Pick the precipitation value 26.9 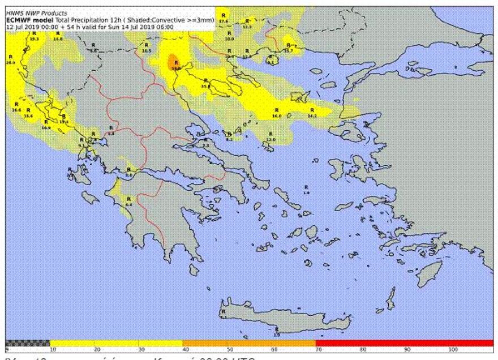10,62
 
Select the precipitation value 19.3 34,38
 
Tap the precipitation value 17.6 223,21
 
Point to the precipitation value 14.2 311,115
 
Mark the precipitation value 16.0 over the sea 277,115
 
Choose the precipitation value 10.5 147,52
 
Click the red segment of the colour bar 404,343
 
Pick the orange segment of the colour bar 249,343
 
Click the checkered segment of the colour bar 27,343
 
